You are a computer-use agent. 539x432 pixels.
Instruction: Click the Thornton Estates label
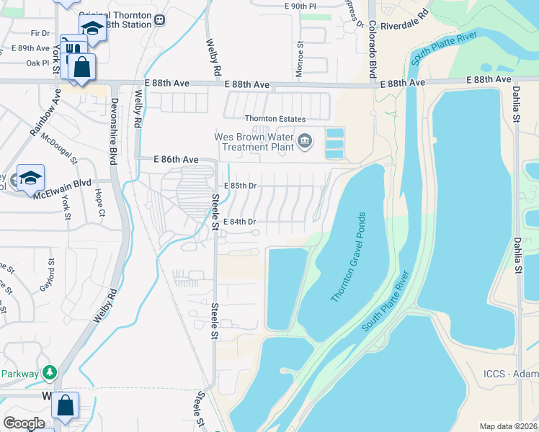click(x=275, y=119)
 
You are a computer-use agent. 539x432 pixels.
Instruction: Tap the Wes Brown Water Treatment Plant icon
click(x=305, y=140)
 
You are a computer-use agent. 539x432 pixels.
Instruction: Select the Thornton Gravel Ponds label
click(x=349, y=257)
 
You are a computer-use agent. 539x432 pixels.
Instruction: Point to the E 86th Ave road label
click(x=176, y=159)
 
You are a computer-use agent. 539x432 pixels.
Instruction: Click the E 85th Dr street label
click(x=240, y=185)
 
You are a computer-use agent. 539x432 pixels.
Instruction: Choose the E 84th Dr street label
click(x=240, y=222)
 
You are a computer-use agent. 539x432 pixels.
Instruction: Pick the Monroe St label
click(x=298, y=55)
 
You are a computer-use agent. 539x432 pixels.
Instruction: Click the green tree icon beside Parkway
click(x=49, y=372)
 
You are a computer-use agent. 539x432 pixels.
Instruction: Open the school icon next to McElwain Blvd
click(x=31, y=179)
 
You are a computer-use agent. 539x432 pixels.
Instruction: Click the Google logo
click(x=24, y=423)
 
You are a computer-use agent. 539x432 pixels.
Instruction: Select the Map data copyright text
click(x=507, y=426)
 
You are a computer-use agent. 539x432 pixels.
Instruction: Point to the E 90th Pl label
click(x=300, y=5)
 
